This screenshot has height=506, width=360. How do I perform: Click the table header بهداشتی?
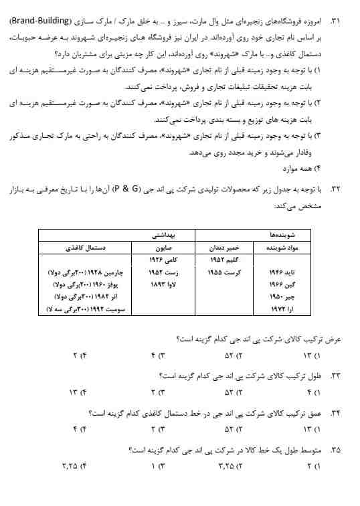point(163,236)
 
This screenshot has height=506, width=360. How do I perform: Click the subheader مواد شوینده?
point(294,248)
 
